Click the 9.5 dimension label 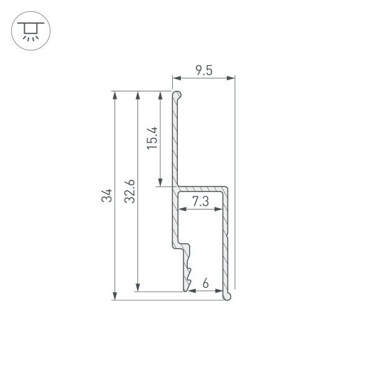[204, 70]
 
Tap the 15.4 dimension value [152, 138]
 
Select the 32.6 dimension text [130, 191]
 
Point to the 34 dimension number [106, 196]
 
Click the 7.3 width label [201, 201]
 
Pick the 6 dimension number [206, 283]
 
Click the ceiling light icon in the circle [30, 31]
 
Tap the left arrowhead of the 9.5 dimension [177, 78]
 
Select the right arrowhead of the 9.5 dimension [231, 78]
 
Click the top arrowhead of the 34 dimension [115, 95]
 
